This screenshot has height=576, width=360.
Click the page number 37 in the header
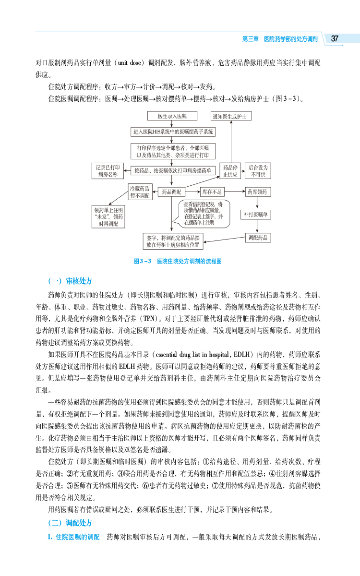pyautogui.click(x=335, y=39)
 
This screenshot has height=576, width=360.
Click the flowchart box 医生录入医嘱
pyautogui.click(x=172, y=116)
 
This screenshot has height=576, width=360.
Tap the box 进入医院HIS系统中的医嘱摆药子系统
pyautogui.click(x=173, y=132)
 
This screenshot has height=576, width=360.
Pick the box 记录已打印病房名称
pyautogui.click(x=107, y=171)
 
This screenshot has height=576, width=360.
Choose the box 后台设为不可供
pyautogui.click(x=257, y=171)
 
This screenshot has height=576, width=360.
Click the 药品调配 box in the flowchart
pyautogui.click(x=171, y=192)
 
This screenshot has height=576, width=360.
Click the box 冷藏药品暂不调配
pyautogui.click(x=140, y=192)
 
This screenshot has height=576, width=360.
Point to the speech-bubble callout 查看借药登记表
pyautogui.click(x=205, y=213)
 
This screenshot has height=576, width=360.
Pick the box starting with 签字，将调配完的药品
pyautogui.click(x=173, y=241)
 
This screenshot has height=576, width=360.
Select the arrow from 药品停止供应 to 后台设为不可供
pyautogui.click(x=243, y=171)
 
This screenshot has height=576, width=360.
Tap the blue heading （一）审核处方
pyautogui.click(x=70, y=281)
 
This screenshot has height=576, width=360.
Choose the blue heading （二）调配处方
pyautogui.click(x=70, y=523)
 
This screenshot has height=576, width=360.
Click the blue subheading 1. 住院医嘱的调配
pyautogui.click(x=73, y=536)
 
